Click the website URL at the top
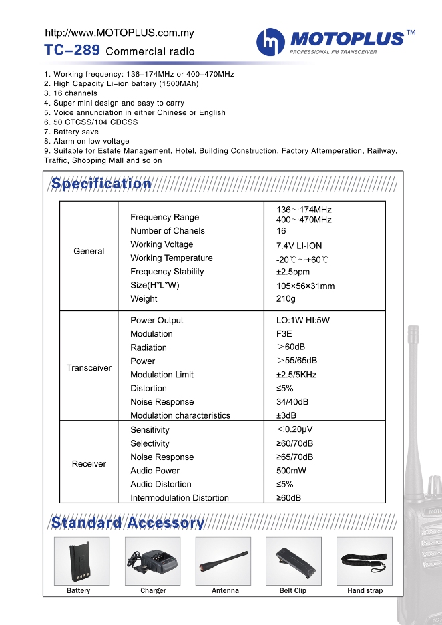pos(119,33)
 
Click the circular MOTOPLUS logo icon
pos(270,42)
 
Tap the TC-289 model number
pos(72,50)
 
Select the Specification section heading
pos(101,184)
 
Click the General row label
pos(89,252)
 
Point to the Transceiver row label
pos(89,368)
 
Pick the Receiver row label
pos(89,464)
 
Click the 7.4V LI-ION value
pos(299,246)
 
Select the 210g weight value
pos(286,299)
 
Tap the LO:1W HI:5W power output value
pos(303,321)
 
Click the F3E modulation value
pos(284,334)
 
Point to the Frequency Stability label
pos(167,272)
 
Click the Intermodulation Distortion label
pos(179,498)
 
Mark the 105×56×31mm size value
pos(305,286)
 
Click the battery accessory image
pos(81,561)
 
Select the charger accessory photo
pos(152,561)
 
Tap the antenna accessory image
pos(223,561)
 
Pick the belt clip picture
pos(294,561)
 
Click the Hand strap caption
pos(365,591)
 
